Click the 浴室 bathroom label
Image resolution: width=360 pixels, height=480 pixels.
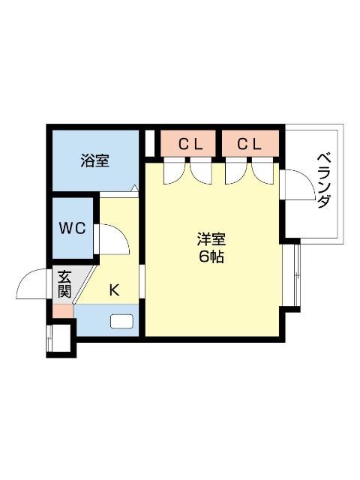(x=95, y=160)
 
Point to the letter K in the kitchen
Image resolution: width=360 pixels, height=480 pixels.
(x=115, y=290)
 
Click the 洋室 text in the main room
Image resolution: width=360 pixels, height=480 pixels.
(x=211, y=240)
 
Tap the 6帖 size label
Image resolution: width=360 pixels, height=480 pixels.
(x=211, y=257)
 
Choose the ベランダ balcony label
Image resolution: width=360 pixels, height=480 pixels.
(x=323, y=181)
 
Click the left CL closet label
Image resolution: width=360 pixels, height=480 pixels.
(x=190, y=144)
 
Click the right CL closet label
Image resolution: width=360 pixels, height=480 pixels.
(x=250, y=144)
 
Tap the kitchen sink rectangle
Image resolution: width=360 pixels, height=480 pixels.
(x=121, y=322)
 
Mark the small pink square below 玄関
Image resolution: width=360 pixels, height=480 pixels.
(x=62, y=310)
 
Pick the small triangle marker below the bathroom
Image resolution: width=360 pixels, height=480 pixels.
(x=134, y=189)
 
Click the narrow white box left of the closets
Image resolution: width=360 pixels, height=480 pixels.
(x=150, y=142)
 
